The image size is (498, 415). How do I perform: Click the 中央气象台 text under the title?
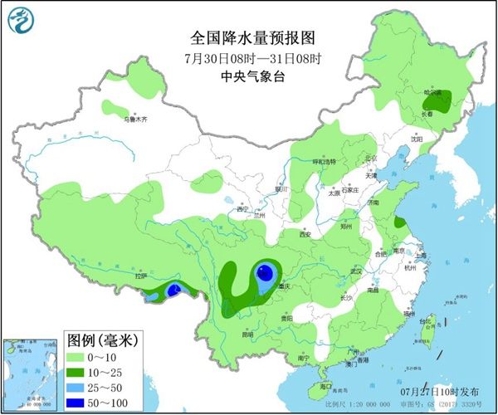pyautogui.click(x=249, y=77)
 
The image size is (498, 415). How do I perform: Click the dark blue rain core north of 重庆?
pyautogui.click(x=264, y=272)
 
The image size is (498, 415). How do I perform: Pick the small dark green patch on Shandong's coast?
pyautogui.click(x=400, y=222)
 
